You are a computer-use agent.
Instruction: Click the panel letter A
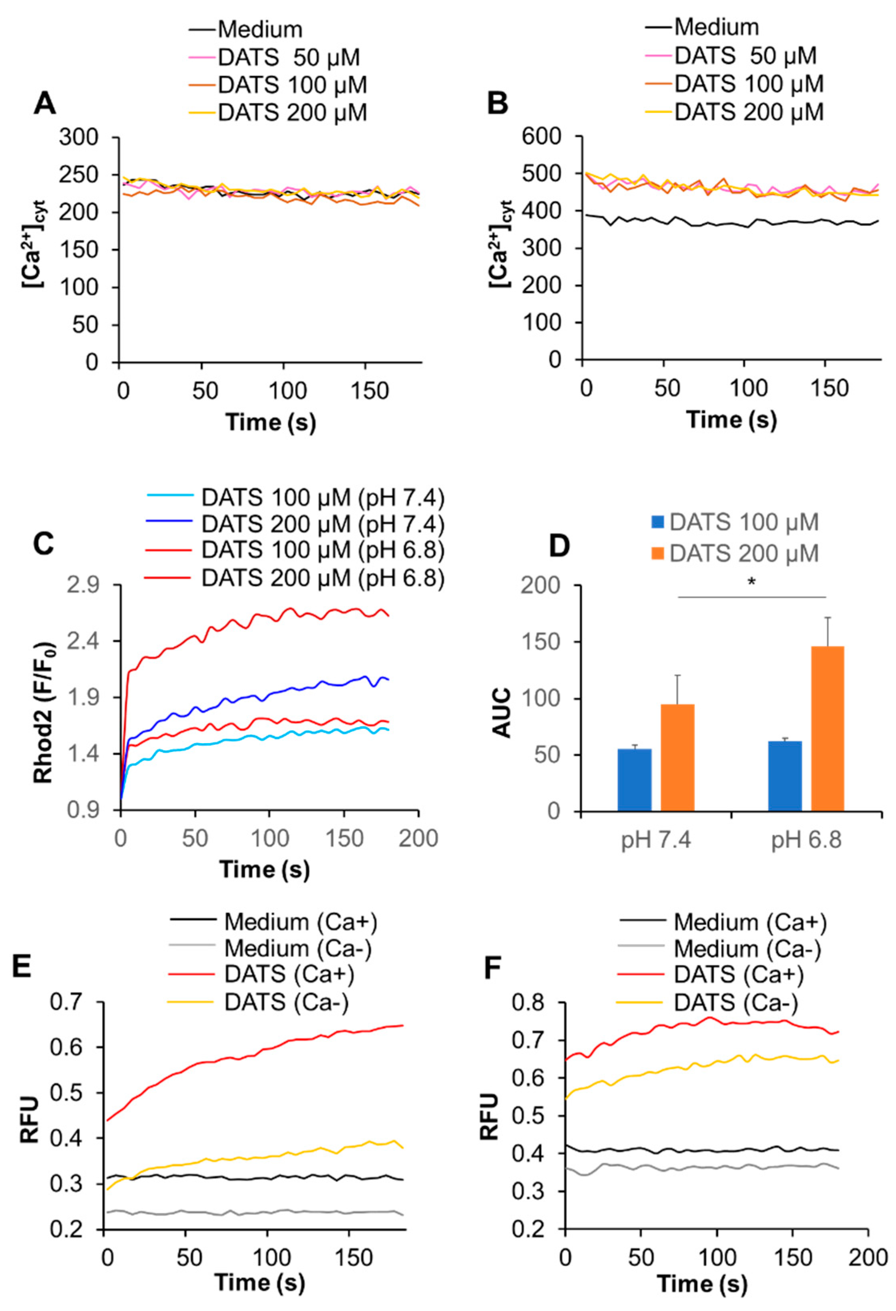coord(45,104)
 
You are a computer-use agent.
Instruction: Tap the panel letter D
coord(559,545)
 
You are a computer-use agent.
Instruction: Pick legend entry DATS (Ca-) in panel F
coord(736,1002)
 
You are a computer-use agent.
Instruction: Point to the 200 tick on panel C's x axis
coord(418,839)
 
